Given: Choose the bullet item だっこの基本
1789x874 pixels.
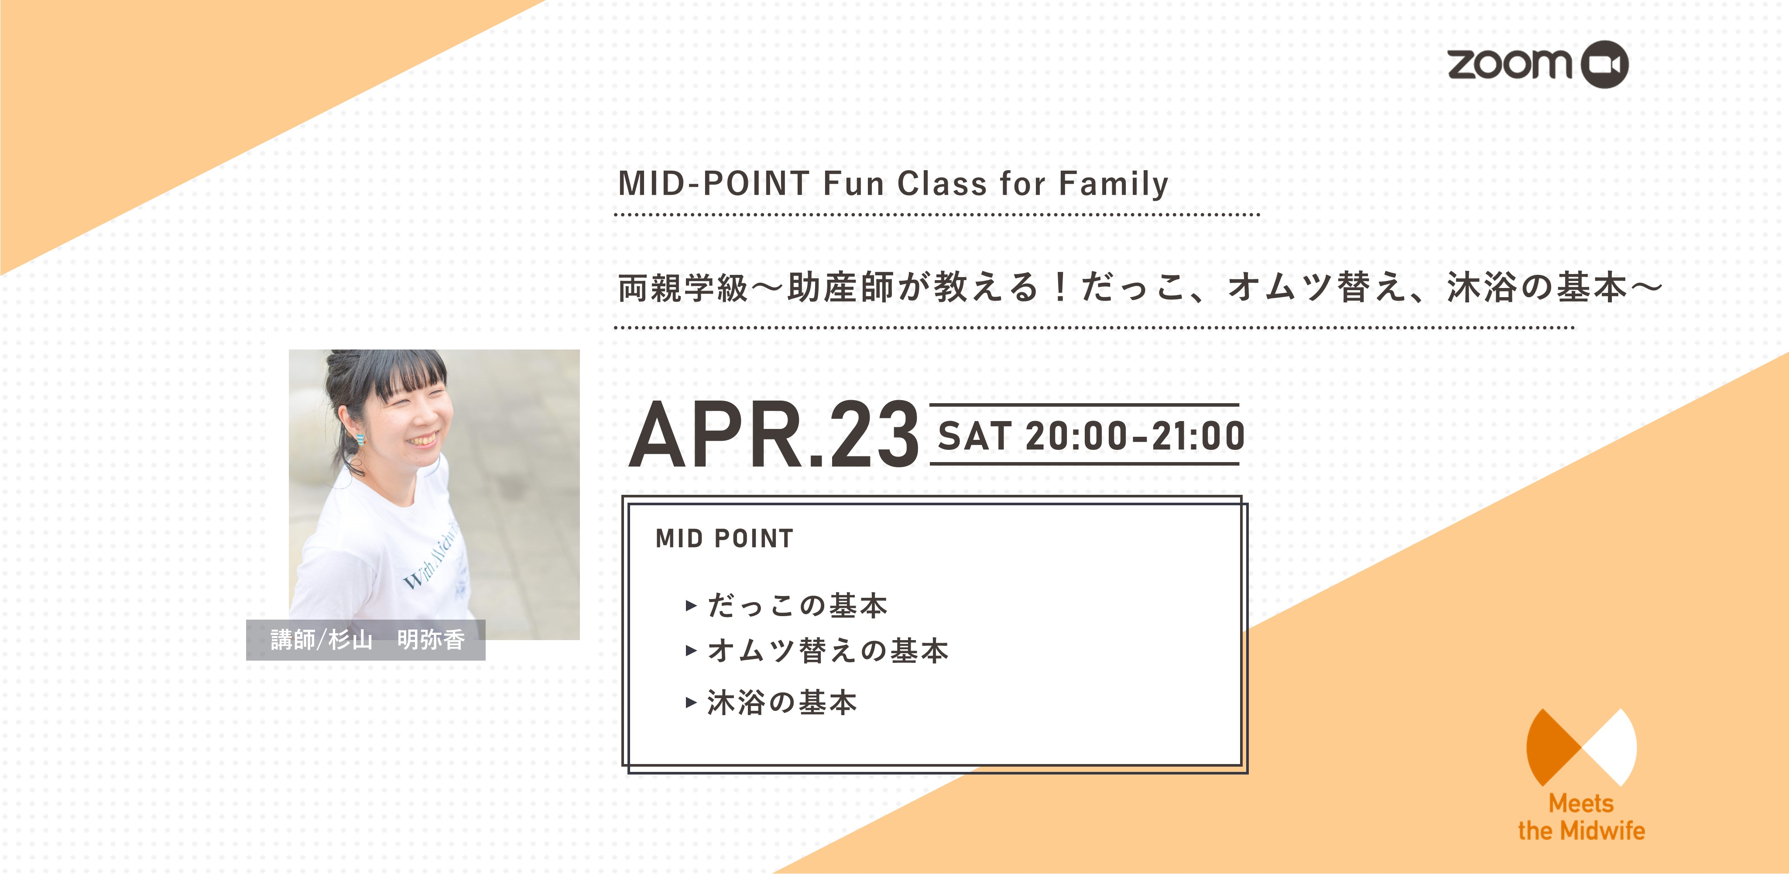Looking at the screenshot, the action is point(797,606).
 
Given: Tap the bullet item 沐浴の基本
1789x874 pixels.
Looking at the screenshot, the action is point(782,703).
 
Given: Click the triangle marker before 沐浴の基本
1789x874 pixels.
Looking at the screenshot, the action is point(691,703).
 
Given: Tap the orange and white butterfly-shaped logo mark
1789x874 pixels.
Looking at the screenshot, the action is point(1581,747).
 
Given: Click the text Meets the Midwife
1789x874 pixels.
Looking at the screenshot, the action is point(1581,817).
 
